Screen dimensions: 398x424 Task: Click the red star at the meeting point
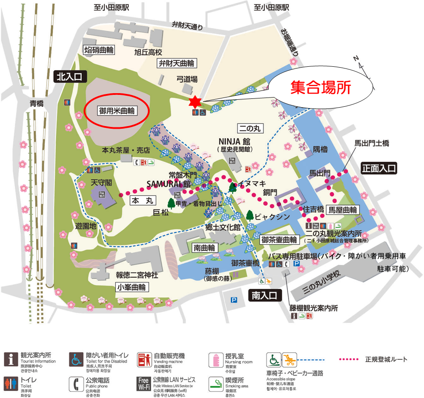(x=195, y=101)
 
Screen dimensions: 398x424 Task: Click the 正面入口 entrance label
(x=379, y=168)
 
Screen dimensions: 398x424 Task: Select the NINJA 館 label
(x=234, y=141)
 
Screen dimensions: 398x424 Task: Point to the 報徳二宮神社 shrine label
(x=137, y=275)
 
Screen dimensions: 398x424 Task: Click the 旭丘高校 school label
(x=149, y=52)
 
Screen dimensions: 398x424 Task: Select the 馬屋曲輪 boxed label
(x=343, y=210)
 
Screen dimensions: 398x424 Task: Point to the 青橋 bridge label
(x=37, y=104)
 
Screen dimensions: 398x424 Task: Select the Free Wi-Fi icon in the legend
(x=143, y=383)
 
